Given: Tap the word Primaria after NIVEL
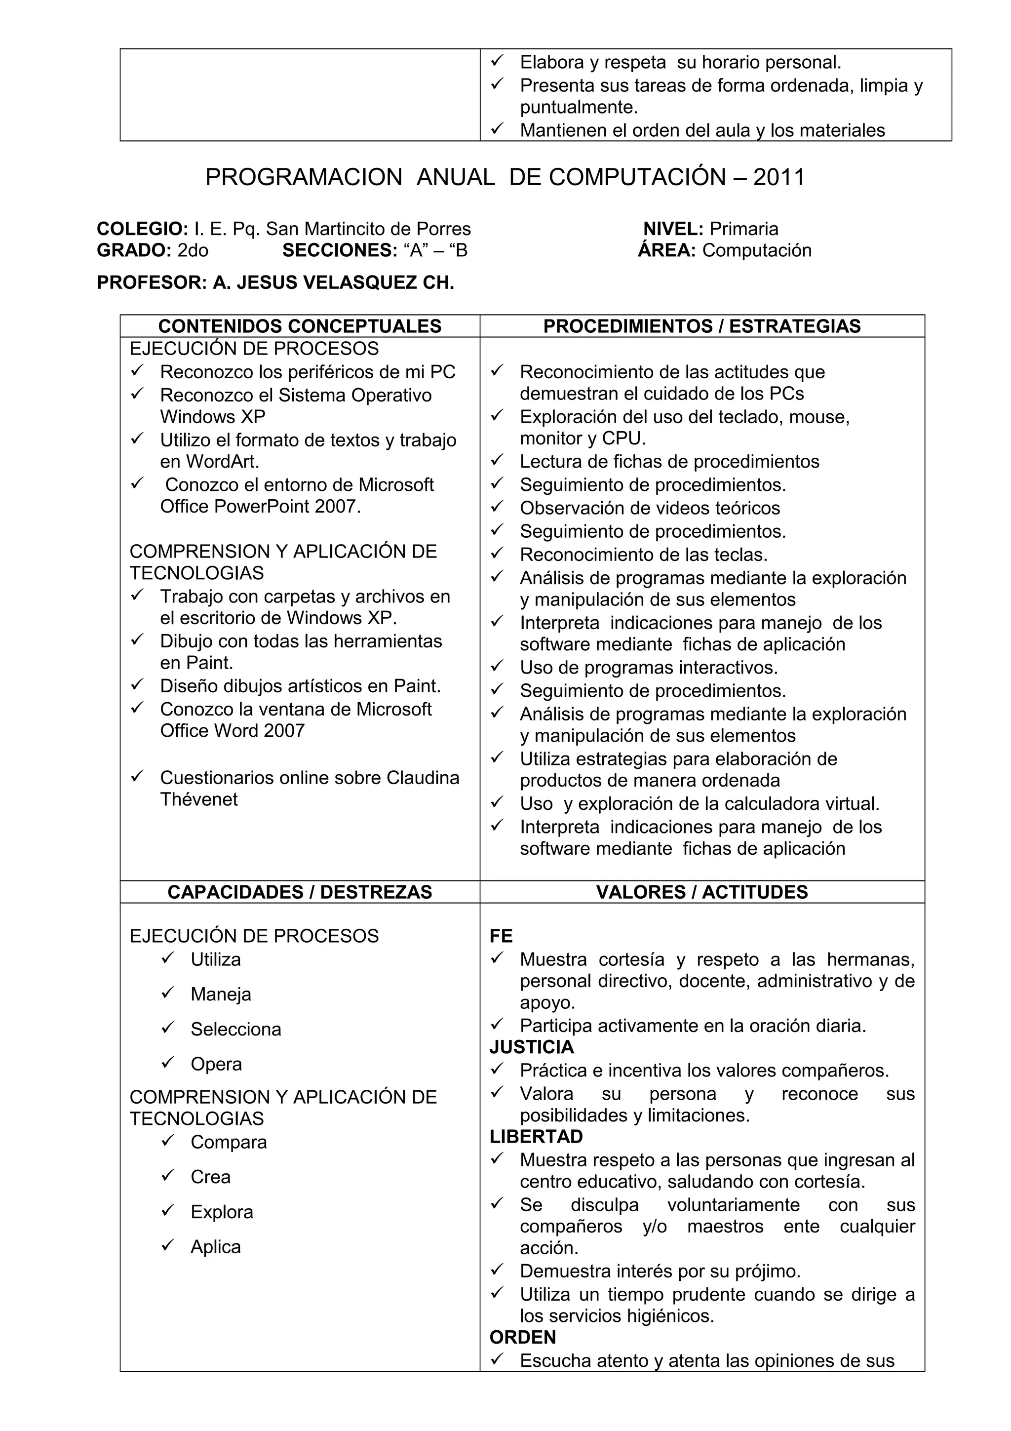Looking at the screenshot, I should pyautogui.click(x=744, y=229).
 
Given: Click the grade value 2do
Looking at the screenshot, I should pyautogui.click(x=193, y=250).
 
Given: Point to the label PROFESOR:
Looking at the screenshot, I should pyautogui.click(x=152, y=283).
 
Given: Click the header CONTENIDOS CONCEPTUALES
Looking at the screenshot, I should pyautogui.click(x=300, y=326).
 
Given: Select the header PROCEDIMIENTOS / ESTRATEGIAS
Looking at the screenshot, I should pyautogui.click(x=701, y=326).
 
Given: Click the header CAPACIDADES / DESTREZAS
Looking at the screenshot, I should pyautogui.click(x=300, y=892).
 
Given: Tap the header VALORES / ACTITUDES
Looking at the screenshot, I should pyautogui.click(x=701, y=892).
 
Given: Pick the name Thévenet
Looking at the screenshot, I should pyautogui.click(x=199, y=799).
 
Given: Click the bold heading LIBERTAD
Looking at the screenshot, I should pyautogui.click(x=536, y=1137).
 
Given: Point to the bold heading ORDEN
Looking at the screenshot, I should pyautogui.click(x=523, y=1338).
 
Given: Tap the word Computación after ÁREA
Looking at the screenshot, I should pyautogui.click(x=757, y=250).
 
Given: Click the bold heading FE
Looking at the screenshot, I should pyautogui.click(x=501, y=936).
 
